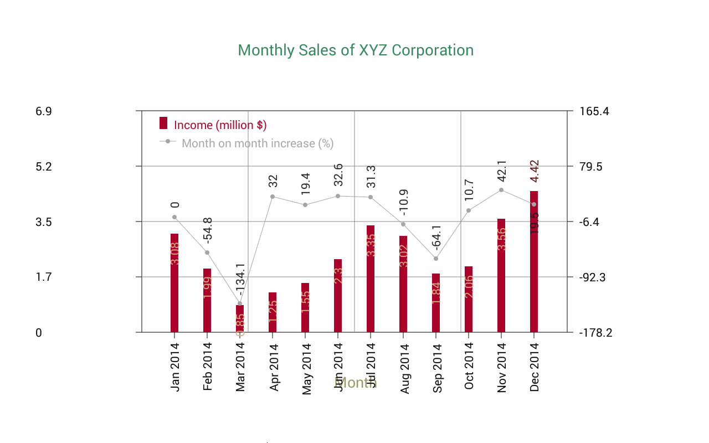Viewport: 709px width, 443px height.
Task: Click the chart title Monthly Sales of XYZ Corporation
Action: (x=356, y=50)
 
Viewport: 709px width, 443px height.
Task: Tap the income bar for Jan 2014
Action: (x=174, y=283)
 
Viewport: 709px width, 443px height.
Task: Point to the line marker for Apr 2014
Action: (x=273, y=197)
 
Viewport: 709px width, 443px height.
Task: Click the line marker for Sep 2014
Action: (x=436, y=259)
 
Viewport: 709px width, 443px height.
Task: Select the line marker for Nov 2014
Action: (x=501, y=190)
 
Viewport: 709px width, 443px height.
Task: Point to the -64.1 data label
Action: (x=436, y=238)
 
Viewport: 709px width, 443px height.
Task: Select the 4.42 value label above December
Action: (x=535, y=171)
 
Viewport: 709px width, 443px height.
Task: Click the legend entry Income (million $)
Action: (x=220, y=125)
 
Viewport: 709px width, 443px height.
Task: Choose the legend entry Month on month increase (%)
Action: (x=257, y=143)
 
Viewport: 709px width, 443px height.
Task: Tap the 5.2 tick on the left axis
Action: (x=44, y=166)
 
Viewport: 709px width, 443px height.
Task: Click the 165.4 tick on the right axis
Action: (x=594, y=111)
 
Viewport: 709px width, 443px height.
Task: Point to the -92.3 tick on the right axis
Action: (x=594, y=277)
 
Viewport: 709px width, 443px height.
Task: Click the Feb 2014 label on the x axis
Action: (x=208, y=367)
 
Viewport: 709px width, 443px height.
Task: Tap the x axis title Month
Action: (x=356, y=383)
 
